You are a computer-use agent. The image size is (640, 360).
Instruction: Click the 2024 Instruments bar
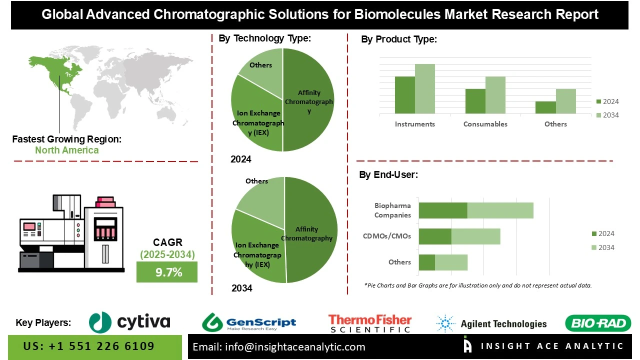coord(404,95)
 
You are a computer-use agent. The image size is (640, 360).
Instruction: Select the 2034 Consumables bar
coord(495,95)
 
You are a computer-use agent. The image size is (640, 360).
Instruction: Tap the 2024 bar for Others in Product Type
coord(545,107)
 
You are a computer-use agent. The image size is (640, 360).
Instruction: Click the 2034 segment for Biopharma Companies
coord(500,210)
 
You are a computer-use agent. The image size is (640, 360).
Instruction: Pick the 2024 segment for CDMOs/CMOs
coord(435,236)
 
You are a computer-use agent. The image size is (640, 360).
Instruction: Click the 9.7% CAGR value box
coord(167,272)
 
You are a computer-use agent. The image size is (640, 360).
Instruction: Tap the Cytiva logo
coord(129,322)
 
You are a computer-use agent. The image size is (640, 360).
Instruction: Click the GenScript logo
coord(249,323)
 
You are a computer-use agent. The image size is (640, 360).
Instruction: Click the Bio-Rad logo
coord(598,323)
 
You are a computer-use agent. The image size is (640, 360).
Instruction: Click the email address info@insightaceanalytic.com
coord(279,347)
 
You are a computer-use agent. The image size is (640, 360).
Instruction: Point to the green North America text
coord(66,150)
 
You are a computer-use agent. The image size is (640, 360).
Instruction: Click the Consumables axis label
coord(485,124)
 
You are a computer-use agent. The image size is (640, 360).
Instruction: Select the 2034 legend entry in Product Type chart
coord(607,115)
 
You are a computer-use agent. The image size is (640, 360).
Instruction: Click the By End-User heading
coord(388,175)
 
